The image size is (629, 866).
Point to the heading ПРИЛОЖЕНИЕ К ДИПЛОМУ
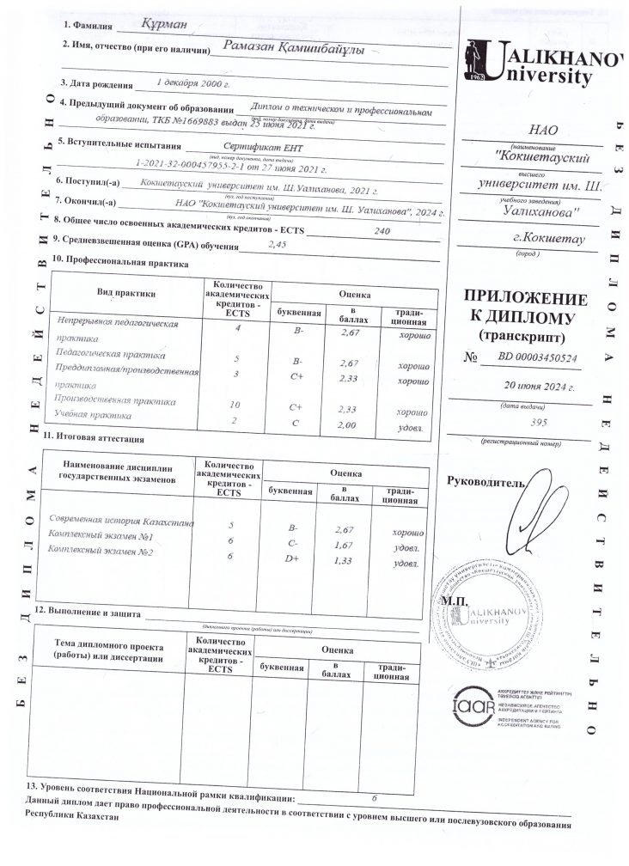(525, 307)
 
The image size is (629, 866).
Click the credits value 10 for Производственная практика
(237, 404)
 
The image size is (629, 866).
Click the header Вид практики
(126, 294)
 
